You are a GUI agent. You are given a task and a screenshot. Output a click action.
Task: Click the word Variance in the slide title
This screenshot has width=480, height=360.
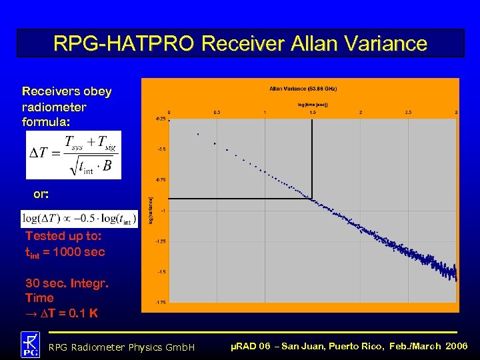[384, 44]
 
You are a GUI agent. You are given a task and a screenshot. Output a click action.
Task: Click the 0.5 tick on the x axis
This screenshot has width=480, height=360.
[217, 113]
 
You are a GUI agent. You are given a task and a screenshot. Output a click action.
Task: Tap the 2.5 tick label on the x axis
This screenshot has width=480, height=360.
[409, 113]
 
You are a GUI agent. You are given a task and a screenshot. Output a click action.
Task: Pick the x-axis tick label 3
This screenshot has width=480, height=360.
[456, 113]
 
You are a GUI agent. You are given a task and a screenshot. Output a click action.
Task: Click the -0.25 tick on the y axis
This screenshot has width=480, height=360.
[161, 119]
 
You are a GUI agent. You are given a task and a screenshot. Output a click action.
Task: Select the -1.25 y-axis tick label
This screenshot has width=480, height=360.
[161, 241]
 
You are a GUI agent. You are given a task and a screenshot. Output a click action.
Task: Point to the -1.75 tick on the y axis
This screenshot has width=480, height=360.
[161, 303]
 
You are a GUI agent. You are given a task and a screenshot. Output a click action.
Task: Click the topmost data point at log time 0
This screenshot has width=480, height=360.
[169, 120]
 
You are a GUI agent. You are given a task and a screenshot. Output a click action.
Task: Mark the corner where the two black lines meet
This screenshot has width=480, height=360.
[313, 198]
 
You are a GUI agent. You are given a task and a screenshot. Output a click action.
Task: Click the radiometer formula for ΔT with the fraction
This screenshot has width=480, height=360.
[73, 155]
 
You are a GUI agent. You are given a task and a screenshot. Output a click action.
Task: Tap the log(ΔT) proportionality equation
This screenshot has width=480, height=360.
[79, 219]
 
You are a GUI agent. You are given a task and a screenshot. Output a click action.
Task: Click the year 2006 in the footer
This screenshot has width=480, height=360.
[457, 346]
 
